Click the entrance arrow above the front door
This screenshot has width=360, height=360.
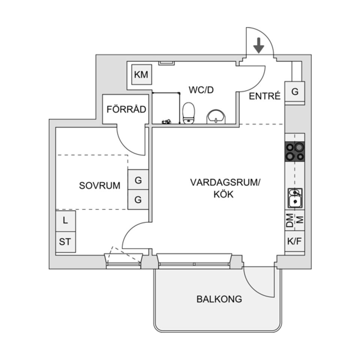(259, 45)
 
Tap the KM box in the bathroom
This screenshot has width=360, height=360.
(141, 75)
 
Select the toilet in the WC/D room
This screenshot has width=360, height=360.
(189, 113)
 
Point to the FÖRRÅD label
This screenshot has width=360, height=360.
(126, 109)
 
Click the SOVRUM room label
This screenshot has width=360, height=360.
(100, 185)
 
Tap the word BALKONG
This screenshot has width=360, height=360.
(219, 299)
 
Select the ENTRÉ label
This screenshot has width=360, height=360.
(265, 96)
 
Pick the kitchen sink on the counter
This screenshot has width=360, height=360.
(295, 198)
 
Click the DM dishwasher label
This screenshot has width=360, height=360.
(289, 221)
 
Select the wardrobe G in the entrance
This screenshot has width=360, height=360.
(295, 91)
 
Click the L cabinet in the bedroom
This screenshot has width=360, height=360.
(66, 221)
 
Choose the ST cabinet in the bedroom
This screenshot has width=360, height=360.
(65, 242)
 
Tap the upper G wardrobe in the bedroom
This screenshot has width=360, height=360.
(138, 180)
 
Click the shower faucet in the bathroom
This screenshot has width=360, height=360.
(166, 121)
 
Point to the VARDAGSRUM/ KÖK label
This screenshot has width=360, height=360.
(225, 188)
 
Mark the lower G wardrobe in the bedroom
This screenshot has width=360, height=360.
(138, 200)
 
